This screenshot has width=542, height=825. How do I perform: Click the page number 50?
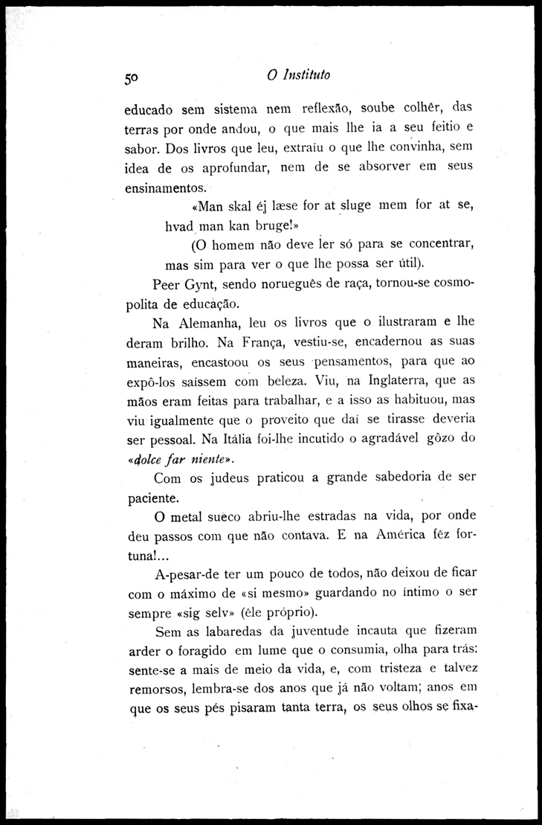(x=133, y=77)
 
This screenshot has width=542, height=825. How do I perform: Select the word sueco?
(x=227, y=516)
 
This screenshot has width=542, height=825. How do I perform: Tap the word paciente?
(x=153, y=497)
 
